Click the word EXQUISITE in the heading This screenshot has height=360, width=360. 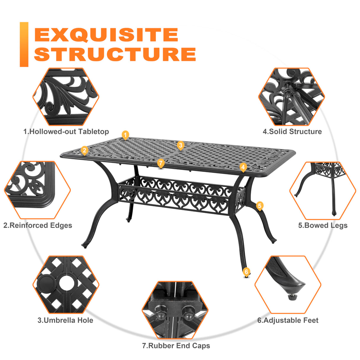pyautogui.click(x=106, y=35)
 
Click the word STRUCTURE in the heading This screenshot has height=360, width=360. pyautogui.click(x=115, y=54)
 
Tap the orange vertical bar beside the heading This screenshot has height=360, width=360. pyautogui.click(x=24, y=44)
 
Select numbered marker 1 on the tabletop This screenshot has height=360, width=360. pyautogui.click(x=125, y=135)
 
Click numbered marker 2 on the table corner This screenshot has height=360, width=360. pyautogui.click(x=85, y=150)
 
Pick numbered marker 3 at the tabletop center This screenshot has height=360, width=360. pyautogui.click(x=180, y=145)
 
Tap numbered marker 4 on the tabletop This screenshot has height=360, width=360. pyautogui.click(x=243, y=167)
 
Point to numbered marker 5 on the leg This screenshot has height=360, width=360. pyautogui.click(x=259, y=206)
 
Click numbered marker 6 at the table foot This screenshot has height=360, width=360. pyautogui.click(x=246, y=272)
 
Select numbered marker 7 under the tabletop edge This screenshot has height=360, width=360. pyautogui.click(x=161, y=163)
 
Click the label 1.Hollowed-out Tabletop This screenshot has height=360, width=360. pyautogui.click(x=66, y=132)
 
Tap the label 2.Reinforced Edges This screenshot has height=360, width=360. pyautogui.click(x=38, y=225)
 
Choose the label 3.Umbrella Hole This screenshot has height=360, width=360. pyautogui.click(x=65, y=320)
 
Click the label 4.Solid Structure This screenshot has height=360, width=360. pyautogui.click(x=292, y=132)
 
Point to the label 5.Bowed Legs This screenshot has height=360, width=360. pyautogui.click(x=323, y=225)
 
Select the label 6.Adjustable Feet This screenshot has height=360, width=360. pyautogui.click(x=288, y=320)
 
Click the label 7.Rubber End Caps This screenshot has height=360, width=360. pyautogui.click(x=176, y=346)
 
